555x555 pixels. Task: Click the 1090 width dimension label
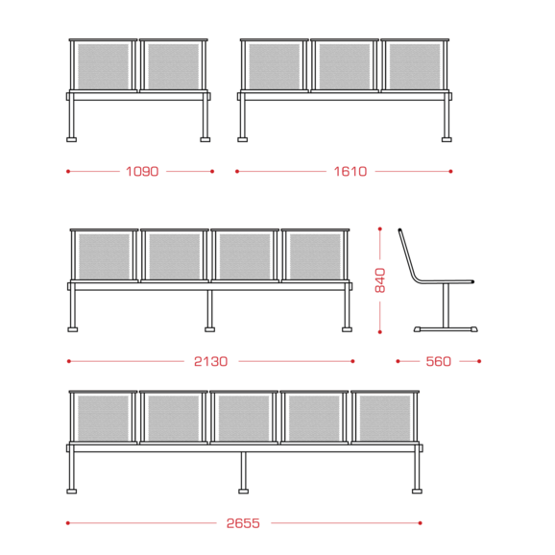142,172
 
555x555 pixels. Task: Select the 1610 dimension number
350,172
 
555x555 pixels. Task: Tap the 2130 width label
210,361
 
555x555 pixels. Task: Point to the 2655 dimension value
243,523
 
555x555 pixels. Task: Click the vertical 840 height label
380,280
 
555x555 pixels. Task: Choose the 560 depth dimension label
439,361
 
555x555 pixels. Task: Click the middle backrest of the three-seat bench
345,65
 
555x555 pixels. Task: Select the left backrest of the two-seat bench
103,65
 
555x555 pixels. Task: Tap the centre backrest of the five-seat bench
244,418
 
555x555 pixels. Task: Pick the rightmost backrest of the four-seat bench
315,255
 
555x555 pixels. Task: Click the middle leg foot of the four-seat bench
210,330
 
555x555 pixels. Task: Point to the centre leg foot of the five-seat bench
244,492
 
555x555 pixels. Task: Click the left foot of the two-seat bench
71,140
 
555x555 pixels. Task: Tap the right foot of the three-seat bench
446,140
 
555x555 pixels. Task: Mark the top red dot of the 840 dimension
380,229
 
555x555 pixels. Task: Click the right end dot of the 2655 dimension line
421,523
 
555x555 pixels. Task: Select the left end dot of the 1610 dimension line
237,172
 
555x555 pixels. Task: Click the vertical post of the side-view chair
446,305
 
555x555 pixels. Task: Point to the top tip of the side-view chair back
399,230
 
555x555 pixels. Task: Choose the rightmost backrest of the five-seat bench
385,418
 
